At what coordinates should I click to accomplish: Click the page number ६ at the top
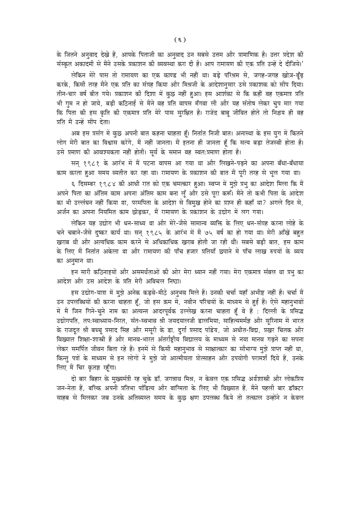click(180, 39)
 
